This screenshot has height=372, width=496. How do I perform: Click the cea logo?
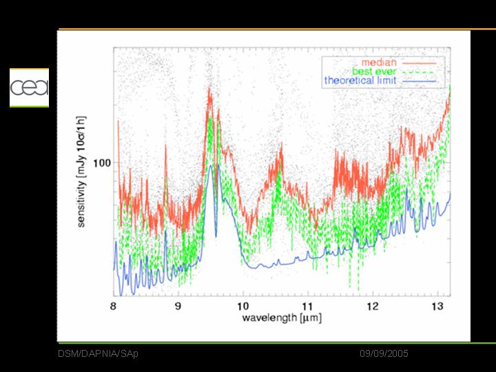click(x=29, y=87)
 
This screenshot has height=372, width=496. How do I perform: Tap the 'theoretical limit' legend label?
click(x=360, y=80)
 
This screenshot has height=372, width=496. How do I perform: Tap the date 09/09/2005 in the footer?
click(x=384, y=353)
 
